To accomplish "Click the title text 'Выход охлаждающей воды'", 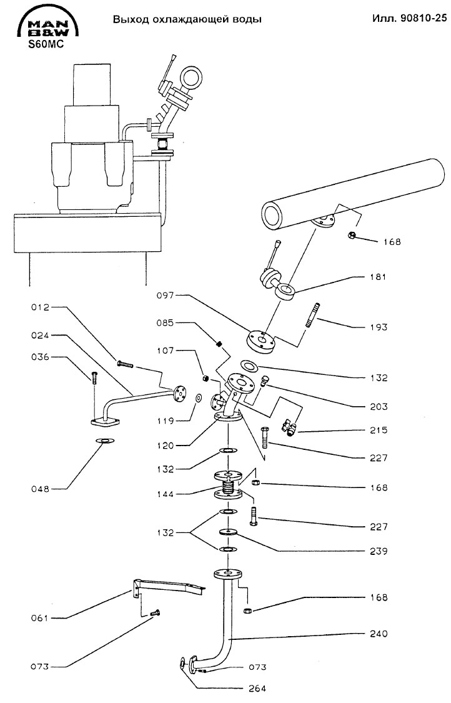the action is tap(187, 19).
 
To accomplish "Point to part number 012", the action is tap(40, 307).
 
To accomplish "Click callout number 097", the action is tap(166, 296).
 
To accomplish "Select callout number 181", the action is tap(378, 277).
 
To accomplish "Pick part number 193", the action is tap(379, 327).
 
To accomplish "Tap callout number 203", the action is tap(379, 406).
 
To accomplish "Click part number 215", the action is tap(379, 430).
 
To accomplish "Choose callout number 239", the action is tap(379, 551).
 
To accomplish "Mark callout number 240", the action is tap(379, 634).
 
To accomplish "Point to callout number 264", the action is tap(257, 688).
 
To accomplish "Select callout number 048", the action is tap(40, 489).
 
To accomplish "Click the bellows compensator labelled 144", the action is tap(229, 485).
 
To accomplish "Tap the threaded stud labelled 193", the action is tap(312, 316).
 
